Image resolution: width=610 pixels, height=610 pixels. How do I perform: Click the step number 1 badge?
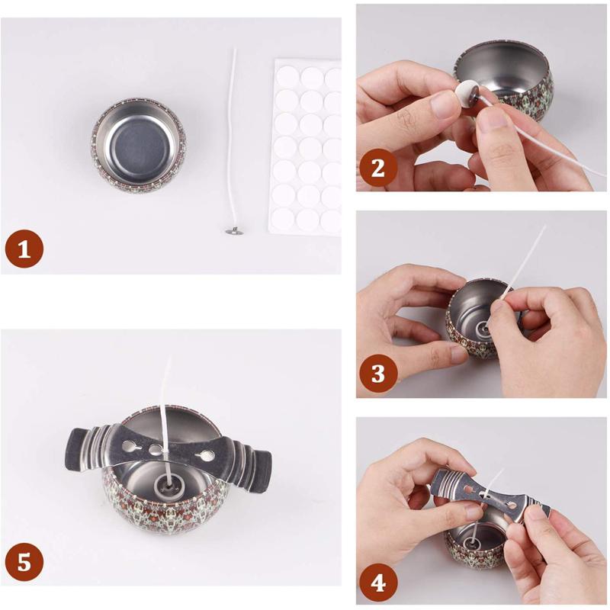24,249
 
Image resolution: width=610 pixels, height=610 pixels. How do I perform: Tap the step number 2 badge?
378,168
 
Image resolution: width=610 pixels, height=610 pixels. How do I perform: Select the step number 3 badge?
378,373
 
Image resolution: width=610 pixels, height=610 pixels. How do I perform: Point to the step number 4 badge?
378,583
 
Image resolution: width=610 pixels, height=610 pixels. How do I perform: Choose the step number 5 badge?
24,562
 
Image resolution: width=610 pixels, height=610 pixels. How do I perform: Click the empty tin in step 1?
139,145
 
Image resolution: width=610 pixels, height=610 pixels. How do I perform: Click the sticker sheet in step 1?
307,147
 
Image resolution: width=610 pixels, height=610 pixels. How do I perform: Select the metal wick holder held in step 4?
491,497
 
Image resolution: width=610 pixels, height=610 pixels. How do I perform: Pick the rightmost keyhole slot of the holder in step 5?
204,454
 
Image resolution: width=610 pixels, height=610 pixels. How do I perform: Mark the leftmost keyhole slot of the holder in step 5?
130,446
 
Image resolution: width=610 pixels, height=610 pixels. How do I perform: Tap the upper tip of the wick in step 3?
544,226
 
